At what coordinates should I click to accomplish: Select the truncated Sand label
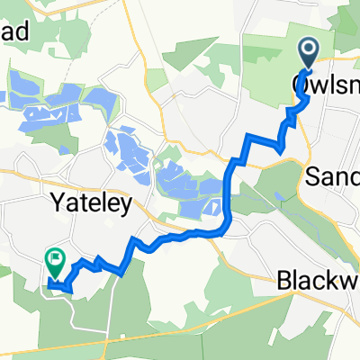pos(333,175)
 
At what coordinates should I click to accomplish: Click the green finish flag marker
pos(55,262)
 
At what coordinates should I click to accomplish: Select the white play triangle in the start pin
pos(308,49)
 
